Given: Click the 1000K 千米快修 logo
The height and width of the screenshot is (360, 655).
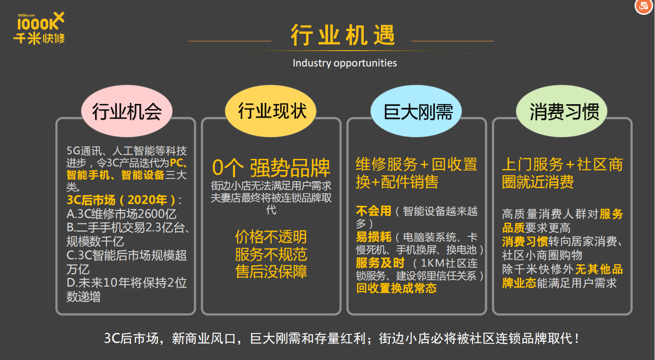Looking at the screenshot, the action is (x=39, y=28).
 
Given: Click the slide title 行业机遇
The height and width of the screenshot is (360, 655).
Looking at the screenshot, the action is (x=343, y=35).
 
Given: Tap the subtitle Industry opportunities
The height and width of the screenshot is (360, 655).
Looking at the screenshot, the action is (x=345, y=63).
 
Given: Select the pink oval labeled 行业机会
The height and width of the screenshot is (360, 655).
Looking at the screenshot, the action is (x=127, y=111).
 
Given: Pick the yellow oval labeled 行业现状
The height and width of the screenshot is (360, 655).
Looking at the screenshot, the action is (x=271, y=111).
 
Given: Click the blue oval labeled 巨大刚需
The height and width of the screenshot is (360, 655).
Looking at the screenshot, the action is (x=416, y=111).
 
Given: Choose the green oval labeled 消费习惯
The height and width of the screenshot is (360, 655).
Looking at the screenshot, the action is (x=562, y=111).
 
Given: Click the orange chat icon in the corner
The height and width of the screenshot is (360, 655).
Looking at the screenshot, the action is (x=644, y=6).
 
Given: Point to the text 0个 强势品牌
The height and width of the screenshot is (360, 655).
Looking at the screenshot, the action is (x=271, y=168).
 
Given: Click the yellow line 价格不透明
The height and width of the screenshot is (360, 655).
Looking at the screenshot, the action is (x=271, y=236).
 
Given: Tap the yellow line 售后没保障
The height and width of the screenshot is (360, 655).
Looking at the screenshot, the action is (x=271, y=272).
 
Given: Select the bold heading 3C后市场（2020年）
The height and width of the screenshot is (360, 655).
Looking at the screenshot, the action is (x=121, y=200).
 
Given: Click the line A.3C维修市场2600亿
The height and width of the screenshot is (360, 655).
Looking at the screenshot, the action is (x=121, y=214).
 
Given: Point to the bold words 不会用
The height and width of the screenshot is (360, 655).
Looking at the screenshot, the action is (x=373, y=211).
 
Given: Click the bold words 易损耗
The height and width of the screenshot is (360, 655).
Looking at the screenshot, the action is (x=373, y=237).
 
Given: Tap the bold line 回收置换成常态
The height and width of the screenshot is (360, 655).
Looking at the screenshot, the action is (x=396, y=288).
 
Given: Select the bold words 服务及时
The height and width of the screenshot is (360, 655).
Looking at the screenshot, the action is (x=380, y=263).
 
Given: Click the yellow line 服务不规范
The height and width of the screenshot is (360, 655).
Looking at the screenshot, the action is (x=271, y=254).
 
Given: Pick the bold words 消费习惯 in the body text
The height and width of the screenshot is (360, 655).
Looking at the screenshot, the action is (x=525, y=242).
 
